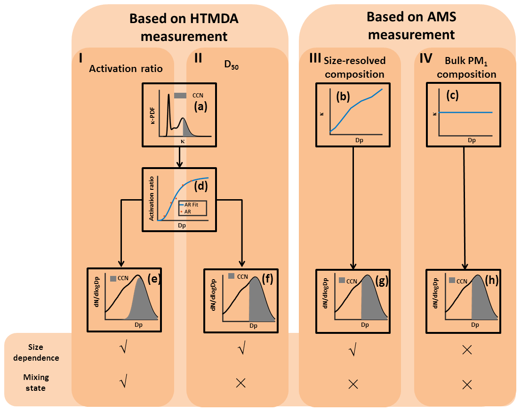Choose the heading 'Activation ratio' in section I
click(126, 69)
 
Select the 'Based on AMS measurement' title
click(410, 25)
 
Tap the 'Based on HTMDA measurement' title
click(184, 27)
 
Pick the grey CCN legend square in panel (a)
click(180, 96)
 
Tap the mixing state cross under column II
click(240, 383)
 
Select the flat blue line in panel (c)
click(466, 113)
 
